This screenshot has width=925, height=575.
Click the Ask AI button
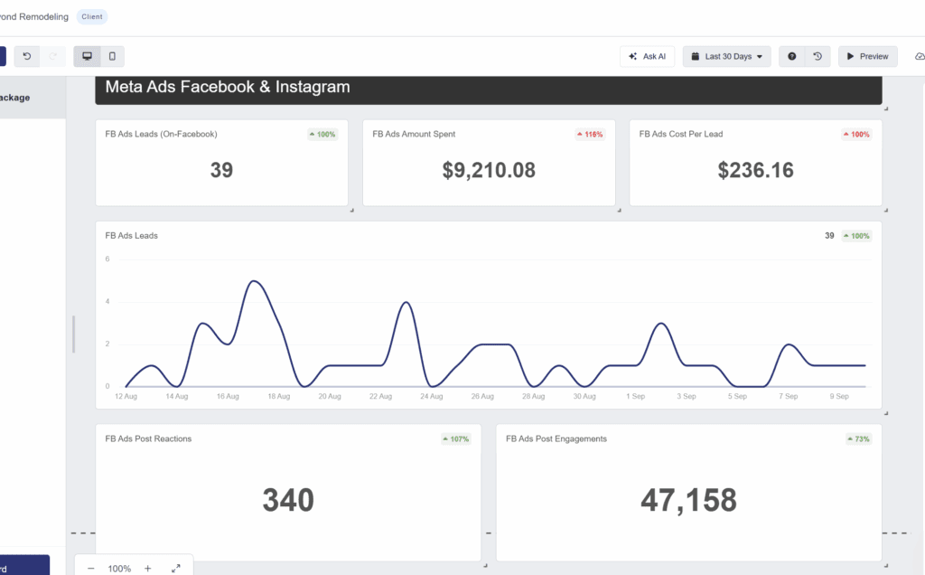647,56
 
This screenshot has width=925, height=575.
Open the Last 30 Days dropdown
726,56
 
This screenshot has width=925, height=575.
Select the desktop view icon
87,56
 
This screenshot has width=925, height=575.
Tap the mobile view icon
112,56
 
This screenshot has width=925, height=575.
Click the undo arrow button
27,56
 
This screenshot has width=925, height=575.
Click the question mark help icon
792,56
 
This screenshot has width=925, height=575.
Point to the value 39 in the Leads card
221,170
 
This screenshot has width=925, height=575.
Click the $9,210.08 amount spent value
489,170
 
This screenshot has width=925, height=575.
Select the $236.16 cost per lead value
756,170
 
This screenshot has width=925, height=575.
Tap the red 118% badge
590,135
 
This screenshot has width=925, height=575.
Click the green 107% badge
456,439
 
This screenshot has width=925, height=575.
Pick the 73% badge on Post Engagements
858,439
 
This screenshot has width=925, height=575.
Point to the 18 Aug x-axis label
278,396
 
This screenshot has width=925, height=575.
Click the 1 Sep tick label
635,396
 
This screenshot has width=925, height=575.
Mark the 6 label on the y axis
107,259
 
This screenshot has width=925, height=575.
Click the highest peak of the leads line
255,281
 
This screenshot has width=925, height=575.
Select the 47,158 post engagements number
688,500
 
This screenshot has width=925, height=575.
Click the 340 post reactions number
288,500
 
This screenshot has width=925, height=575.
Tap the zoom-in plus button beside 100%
148,569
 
